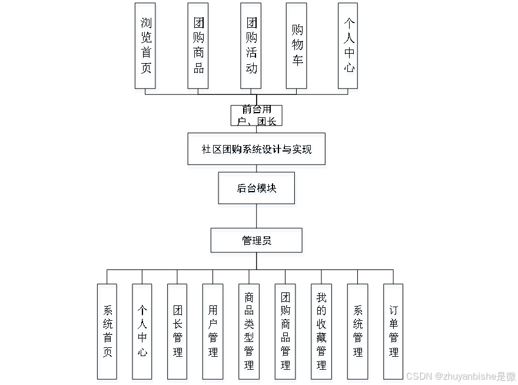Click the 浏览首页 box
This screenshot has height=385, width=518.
145,46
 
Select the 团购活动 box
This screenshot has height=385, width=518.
251,46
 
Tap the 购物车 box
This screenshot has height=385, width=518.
297,46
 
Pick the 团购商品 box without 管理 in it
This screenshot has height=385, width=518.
198,46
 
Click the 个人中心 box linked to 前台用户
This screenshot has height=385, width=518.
348,46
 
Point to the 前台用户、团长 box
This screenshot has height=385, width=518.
256,116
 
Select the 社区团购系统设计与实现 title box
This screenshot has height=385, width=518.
256,149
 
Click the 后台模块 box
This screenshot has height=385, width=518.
256,188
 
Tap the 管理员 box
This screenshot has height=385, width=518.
256,241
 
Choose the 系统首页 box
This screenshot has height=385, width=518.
107,331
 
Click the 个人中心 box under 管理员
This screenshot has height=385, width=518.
142,331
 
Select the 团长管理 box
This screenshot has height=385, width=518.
177,331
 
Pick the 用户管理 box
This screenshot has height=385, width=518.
212,331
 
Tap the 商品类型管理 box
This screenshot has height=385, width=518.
248,331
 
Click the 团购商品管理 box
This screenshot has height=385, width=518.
285,331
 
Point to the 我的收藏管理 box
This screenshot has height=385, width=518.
321,331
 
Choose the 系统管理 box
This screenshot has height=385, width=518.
357,331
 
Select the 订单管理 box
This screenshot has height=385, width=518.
393,331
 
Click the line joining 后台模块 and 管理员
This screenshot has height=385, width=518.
256,216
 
